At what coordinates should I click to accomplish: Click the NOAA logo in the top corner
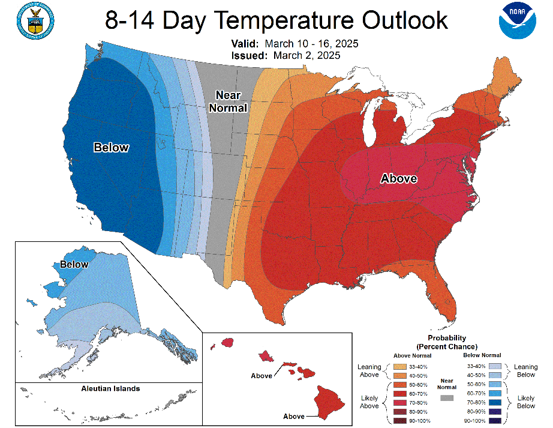(x=516, y=22)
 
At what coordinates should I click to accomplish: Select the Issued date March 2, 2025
(x=306, y=55)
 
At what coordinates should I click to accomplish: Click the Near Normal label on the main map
(x=231, y=101)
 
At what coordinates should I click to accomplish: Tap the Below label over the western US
(x=111, y=147)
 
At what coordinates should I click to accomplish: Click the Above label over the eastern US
(x=399, y=178)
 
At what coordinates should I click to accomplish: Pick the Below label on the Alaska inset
(x=74, y=264)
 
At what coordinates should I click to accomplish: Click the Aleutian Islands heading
(x=110, y=388)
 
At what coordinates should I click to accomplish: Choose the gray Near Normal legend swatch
(x=446, y=398)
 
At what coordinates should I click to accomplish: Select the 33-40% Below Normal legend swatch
(x=495, y=365)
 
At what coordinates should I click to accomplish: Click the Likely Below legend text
(x=525, y=402)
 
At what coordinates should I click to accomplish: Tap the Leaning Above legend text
(x=369, y=370)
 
